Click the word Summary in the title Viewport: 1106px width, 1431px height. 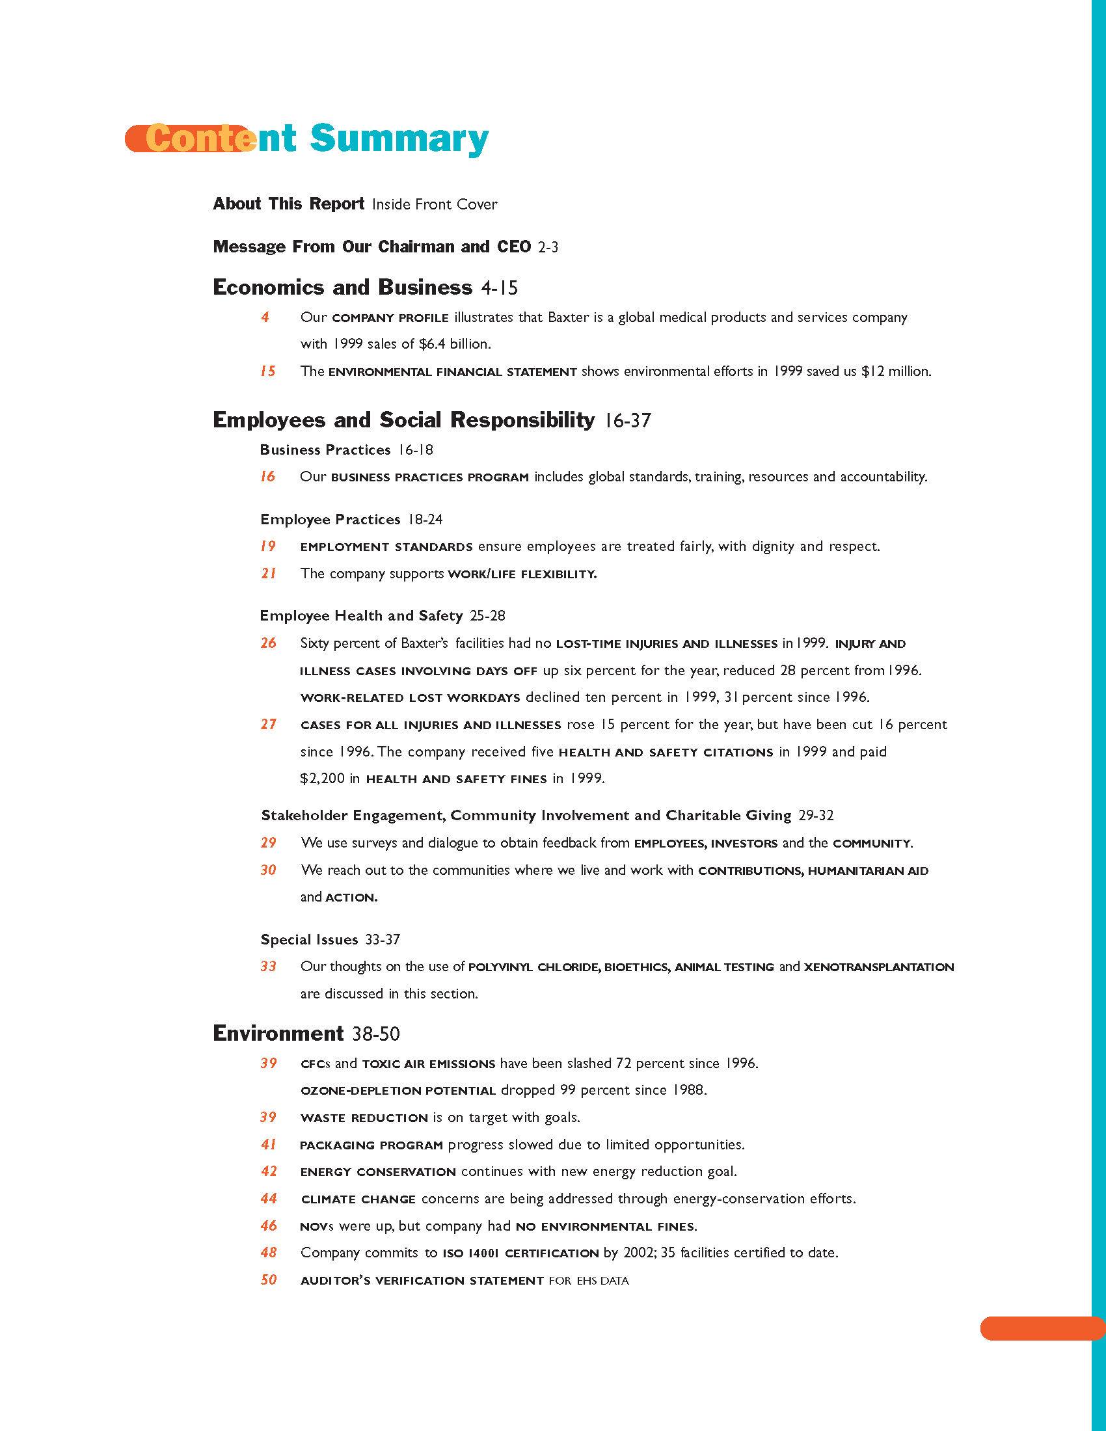coord(399,139)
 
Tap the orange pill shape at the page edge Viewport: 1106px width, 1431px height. coord(1042,1328)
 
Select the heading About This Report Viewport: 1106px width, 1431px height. coord(288,204)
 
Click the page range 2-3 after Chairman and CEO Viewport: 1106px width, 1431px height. coord(548,247)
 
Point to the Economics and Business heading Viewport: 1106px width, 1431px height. coord(342,288)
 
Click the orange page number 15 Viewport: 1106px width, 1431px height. coord(267,371)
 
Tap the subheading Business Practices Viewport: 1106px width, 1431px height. coord(325,450)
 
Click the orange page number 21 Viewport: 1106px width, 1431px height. coord(268,573)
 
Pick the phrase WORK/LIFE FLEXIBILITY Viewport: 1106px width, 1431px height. coord(522,574)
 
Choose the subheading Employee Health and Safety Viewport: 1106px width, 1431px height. coord(361,616)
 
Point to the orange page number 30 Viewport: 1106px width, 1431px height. coord(268,870)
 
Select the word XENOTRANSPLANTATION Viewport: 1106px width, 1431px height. coord(879,967)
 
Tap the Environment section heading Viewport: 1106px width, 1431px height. coord(278,1034)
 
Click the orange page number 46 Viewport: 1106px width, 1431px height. coord(269,1225)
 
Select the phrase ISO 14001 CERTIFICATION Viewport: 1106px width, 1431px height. coord(520,1253)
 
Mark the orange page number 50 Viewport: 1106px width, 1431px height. coord(269,1279)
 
